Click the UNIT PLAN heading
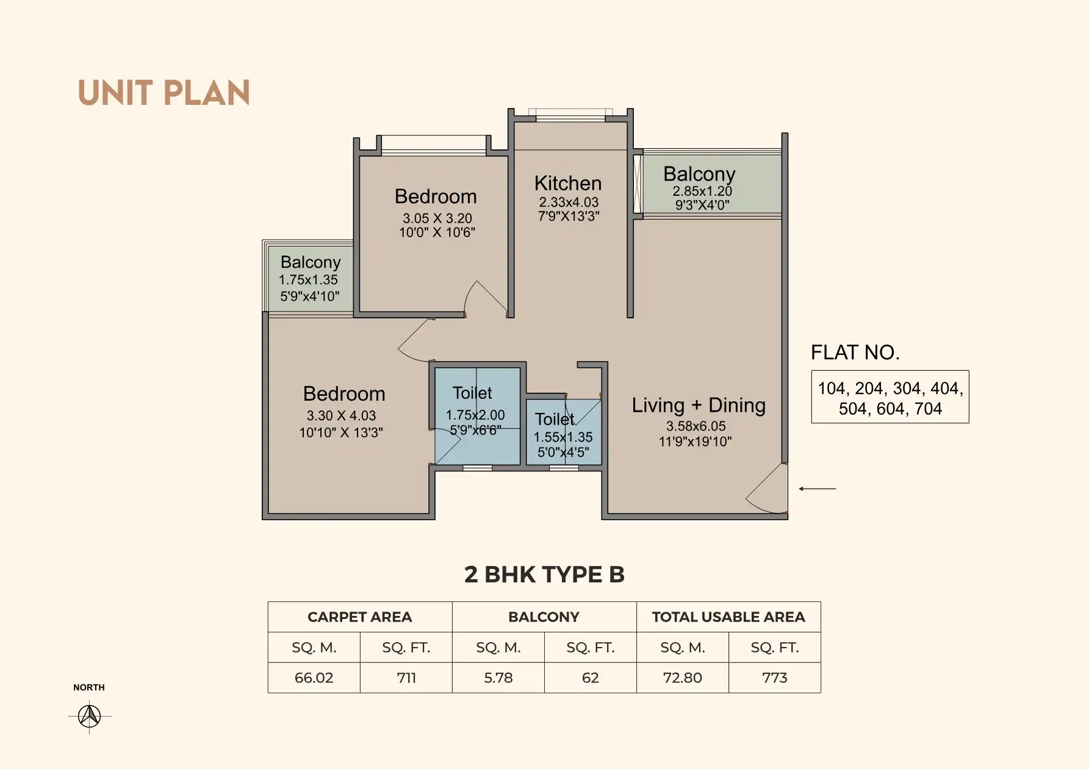pos(164,93)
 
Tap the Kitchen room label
pos(568,183)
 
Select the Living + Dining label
pos(699,406)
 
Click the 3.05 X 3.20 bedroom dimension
pos(437,218)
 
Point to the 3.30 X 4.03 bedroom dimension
pos(341,415)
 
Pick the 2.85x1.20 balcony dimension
pos(702,191)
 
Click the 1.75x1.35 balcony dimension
pos(308,280)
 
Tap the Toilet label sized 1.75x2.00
pos(472,393)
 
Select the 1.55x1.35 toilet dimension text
pos(563,437)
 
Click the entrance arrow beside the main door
pos(818,488)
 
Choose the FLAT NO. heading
pos(855,352)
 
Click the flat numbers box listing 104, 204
pos(890,397)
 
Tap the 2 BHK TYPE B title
pos(544,574)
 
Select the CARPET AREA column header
pos(360,617)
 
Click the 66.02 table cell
pos(314,678)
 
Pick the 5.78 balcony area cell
pos(498,678)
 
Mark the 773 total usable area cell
pos(775,678)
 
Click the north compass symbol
pos(90,715)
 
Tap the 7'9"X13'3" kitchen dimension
pos(569,216)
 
